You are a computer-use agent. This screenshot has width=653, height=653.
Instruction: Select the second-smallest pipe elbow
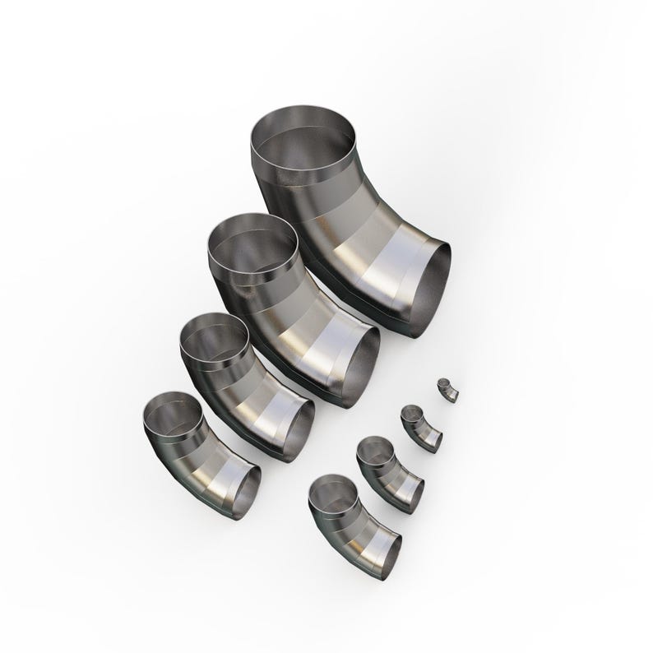pyautogui.click(x=422, y=428)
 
